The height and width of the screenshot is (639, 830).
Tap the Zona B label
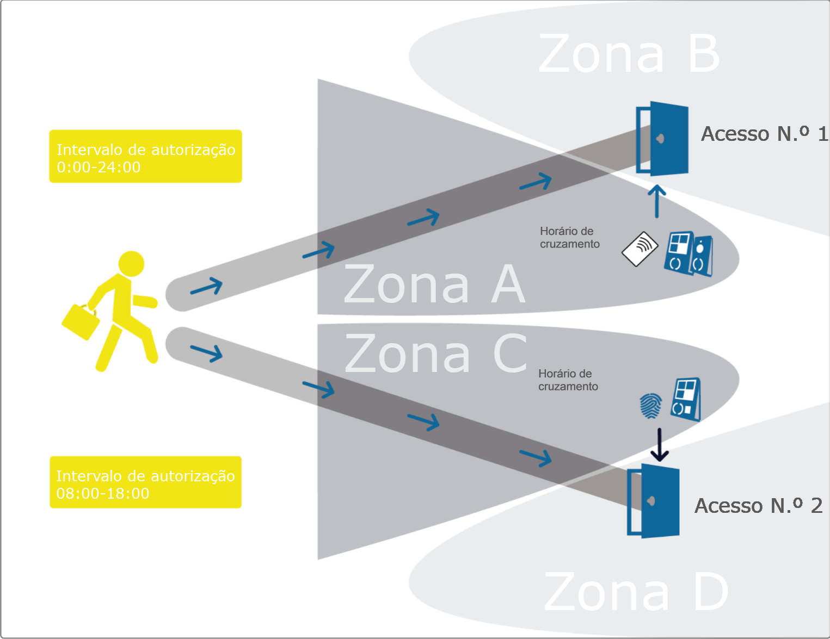tap(629, 54)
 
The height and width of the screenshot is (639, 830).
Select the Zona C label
tap(435, 354)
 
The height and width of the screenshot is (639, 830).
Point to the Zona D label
tap(635, 592)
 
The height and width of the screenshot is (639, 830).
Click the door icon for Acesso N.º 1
tap(662, 139)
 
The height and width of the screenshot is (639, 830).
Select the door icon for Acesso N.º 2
tap(654, 501)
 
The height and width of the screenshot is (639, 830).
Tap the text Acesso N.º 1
tap(764, 134)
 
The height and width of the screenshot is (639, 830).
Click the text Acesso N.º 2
tap(758, 506)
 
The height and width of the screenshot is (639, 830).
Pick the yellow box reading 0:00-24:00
tap(145, 157)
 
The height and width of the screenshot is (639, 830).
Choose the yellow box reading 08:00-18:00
tap(145, 482)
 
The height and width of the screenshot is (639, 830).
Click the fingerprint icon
tap(650, 406)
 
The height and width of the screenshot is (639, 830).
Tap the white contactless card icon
tap(640, 249)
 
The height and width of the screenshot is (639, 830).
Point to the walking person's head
tap(131, 264)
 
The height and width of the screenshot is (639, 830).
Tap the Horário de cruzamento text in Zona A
tap(569, 238)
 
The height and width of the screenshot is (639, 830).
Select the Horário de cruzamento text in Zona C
tap(568, 380)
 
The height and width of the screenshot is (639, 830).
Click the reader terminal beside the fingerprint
tap(686, 399)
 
